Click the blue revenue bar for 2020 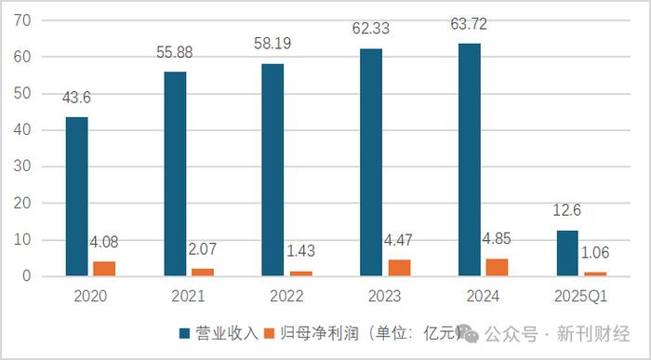pyautogui.click(x=77, y=196)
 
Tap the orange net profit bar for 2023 pyautogui.click(x=398, y=268)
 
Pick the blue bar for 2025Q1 pyautogui.click(x=567, y=253)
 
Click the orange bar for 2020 pyautogui.click(x=103, y=269)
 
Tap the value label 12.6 pyautogui.click(x=568, y=220)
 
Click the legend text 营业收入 pyautogui.click(x=221, y=333)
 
